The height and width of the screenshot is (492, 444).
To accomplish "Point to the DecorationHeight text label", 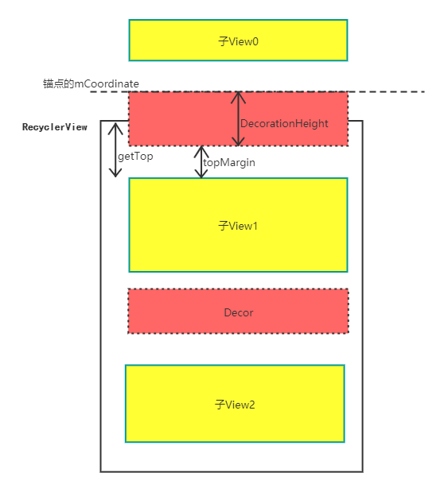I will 284,124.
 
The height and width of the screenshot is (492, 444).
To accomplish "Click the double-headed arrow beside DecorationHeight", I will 237,119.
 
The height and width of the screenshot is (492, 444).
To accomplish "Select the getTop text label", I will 135,157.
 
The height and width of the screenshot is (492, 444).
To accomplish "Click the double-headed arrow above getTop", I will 116,149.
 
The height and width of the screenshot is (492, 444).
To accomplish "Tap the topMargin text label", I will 229,161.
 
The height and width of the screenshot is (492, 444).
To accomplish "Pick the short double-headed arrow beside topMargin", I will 201,161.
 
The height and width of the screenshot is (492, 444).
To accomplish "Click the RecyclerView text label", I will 55,127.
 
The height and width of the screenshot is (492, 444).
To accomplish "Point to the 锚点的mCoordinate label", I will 91,83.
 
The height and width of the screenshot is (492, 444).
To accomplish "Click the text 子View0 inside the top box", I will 239,41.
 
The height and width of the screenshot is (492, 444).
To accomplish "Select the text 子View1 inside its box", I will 239,226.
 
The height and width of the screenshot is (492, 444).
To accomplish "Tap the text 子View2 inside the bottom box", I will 236,405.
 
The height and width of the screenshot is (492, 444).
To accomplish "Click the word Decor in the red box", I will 239,312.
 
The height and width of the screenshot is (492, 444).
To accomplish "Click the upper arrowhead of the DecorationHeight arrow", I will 237,96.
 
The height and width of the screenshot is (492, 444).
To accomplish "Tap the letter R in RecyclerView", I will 25,127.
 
